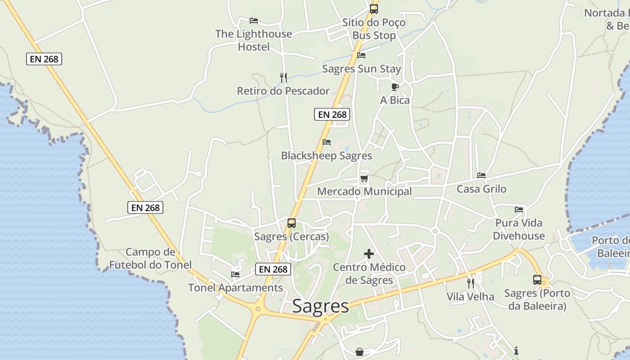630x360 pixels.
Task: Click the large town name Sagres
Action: click(320, 306)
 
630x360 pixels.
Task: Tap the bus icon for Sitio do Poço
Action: click(373, 9)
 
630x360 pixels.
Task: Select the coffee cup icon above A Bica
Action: click(395, 87)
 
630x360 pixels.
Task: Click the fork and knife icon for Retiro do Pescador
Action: click(283, 78)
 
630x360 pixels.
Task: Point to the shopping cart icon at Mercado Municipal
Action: click(364, 178)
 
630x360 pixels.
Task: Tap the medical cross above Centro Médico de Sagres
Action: click(369, 254)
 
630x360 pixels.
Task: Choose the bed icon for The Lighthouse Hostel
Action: click(254, 20)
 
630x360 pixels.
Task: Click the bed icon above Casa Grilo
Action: click(481, 175)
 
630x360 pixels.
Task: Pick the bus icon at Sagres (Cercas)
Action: click(292, 223)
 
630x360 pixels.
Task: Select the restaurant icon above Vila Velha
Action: click(470, 283)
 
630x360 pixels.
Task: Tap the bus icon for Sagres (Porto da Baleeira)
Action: click(537, 279)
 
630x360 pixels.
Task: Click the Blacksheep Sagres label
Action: click(327, 156)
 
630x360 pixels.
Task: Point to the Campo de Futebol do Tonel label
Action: click(150, 258)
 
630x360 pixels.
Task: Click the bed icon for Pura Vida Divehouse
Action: click(519, 209)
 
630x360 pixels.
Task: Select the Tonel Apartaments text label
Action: click(235, 288)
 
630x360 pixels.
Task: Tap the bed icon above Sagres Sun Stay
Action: click(361, 55)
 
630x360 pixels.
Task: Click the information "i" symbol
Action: click(516, 351)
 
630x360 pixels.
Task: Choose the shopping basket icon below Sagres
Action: click(359, 351)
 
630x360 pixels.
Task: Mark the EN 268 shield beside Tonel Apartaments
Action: click(273, 269)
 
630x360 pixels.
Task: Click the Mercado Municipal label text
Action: click(364, 192)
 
